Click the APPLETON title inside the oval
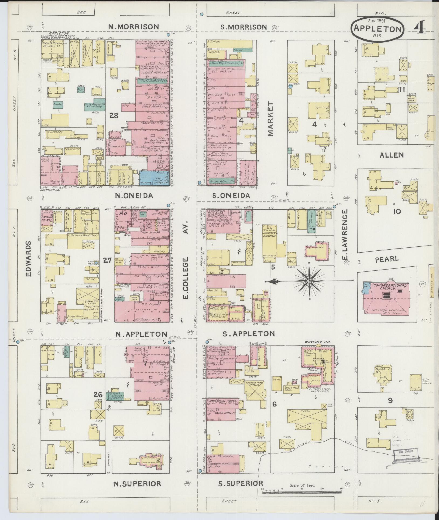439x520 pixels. point(377,29)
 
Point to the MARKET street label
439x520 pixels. point(271,119)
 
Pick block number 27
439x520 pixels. point(107,260)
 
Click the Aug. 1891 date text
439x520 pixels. point(377,21)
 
